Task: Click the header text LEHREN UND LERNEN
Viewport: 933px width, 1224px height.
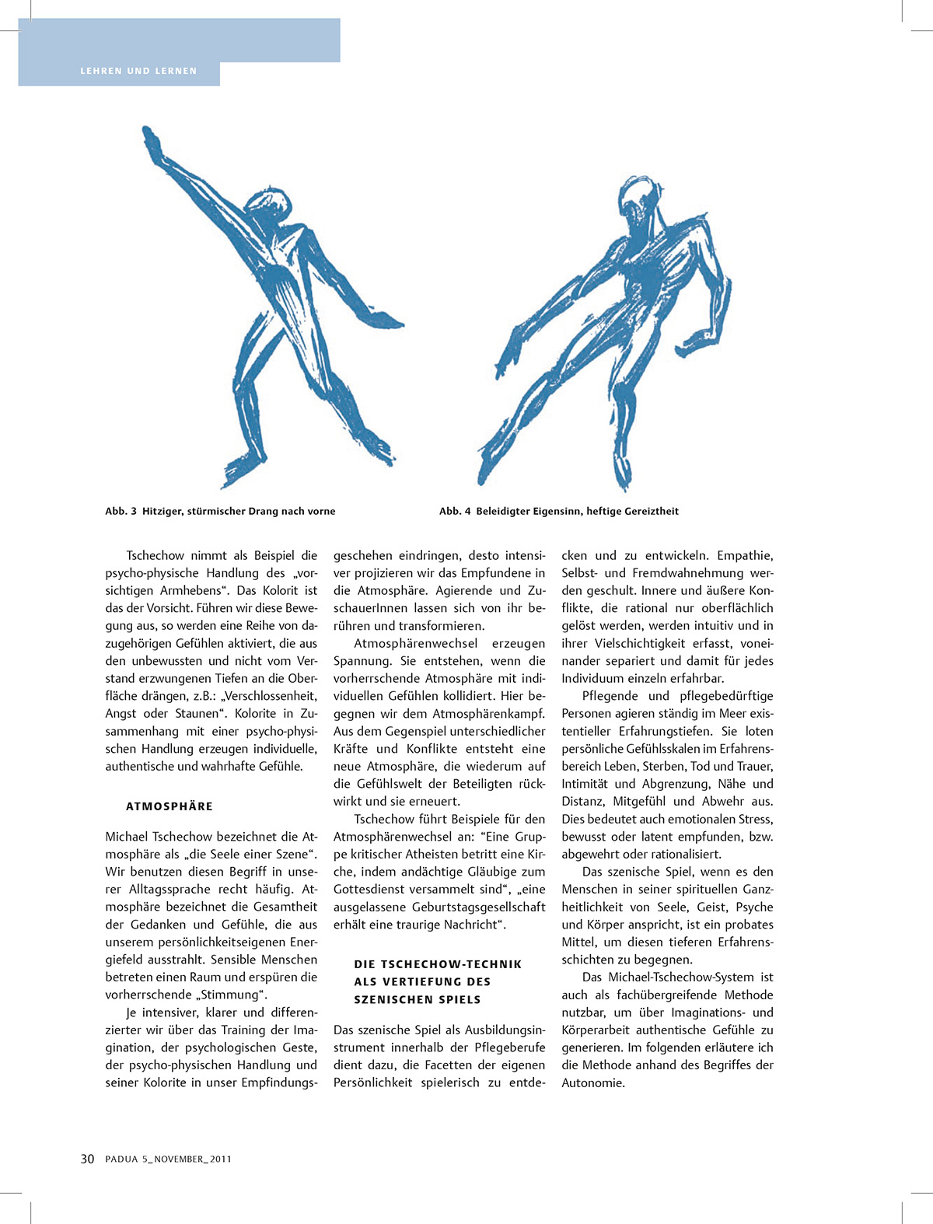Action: tap(138, 71)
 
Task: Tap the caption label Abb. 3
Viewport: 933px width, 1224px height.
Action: tap(121, 511)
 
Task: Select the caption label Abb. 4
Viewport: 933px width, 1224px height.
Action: tap(455, 511)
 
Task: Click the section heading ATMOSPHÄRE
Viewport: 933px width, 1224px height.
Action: tap(169, 806)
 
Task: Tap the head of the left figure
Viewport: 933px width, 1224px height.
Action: tap(268, 206)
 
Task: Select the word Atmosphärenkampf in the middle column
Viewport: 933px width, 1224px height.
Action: tap(489, 713)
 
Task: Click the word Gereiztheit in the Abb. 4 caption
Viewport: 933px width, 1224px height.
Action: tap(648, 511)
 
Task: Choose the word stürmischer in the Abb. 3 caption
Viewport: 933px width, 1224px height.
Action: tap(216, 511)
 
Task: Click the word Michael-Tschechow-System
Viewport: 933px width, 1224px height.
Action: tap(681, 977)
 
